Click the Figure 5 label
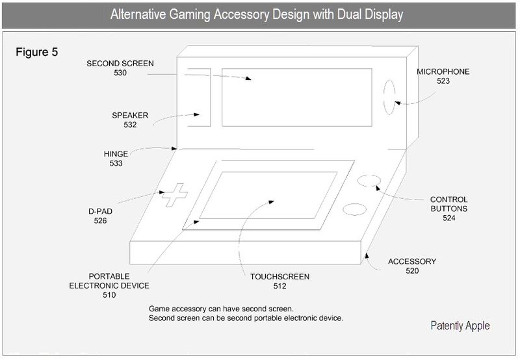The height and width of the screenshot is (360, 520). point(37,52)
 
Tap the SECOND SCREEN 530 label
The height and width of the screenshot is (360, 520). point(120,68)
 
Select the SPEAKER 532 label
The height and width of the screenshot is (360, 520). point(130,120)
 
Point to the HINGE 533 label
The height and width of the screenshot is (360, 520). point(116,159)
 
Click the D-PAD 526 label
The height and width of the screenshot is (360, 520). point(100,216)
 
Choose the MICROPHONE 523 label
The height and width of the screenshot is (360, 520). point(443,76)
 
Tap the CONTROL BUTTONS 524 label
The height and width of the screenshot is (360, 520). point(448,209)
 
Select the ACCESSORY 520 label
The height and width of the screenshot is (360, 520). point(412,266)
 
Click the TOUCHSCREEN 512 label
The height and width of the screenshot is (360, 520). point(279,281)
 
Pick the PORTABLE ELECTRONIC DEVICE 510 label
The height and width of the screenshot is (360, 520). point(109,285)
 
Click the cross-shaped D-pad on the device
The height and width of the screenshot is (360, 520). point(174,195)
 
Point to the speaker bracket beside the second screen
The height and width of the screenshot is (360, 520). point(210,97)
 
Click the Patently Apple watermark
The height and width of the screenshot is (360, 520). point(460,326)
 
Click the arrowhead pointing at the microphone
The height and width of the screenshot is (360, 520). point(398,103)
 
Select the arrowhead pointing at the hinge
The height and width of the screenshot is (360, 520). point(174,149)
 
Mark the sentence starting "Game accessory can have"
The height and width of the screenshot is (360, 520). point(221,309)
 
